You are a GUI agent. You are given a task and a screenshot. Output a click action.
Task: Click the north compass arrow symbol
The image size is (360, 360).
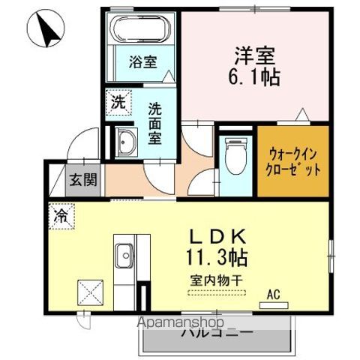click(x=46, y=30)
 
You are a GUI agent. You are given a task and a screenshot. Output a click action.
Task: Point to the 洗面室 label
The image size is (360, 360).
click(x=155, y=122)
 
